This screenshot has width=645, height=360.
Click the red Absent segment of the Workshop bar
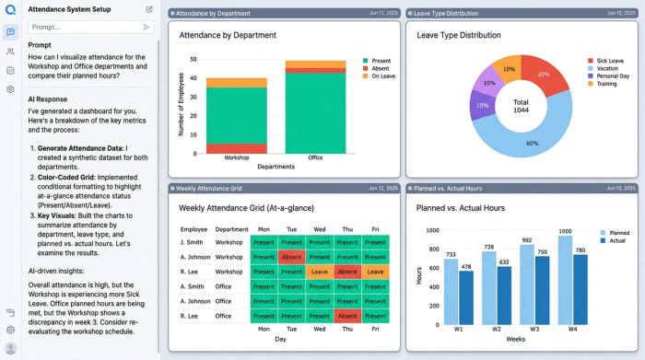[236, 148]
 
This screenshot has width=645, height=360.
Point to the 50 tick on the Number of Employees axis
[193, 58]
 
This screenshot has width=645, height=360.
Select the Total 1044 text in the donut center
[522, 106]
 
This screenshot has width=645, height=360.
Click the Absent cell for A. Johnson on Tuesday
[292, 257]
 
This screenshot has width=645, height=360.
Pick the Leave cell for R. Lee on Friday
[375, 272]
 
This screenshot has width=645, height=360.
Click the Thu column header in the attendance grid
[347, 228]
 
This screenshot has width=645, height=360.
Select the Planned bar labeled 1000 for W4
[566, 282]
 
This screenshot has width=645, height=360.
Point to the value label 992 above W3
[526, 240]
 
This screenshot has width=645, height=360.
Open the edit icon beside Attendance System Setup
[149, 9]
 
